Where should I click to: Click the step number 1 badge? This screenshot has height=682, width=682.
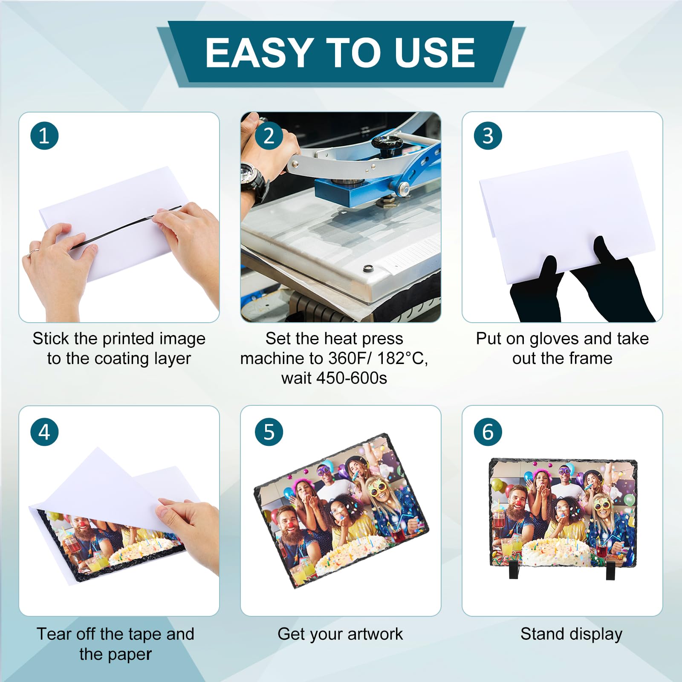pyautogui.click(x=44, y=136)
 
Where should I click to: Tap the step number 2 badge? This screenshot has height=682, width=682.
pyautogui.click(x=269, y=136)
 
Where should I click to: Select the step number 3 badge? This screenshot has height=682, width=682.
pyautogui.click(x=488, y=136)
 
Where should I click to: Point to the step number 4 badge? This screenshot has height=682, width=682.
pyautogui.click(x=44, y=432)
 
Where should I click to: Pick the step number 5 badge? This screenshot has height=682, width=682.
pyautogui.click(x=269, y=432)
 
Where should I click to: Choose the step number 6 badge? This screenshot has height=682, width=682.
pyautogui.click(x=488, y=432)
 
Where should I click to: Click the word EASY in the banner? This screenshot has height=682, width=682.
pyautogui.click(x=260, y=52)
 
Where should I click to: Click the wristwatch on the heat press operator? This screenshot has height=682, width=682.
pyautogui.click(x=255, y=181)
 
